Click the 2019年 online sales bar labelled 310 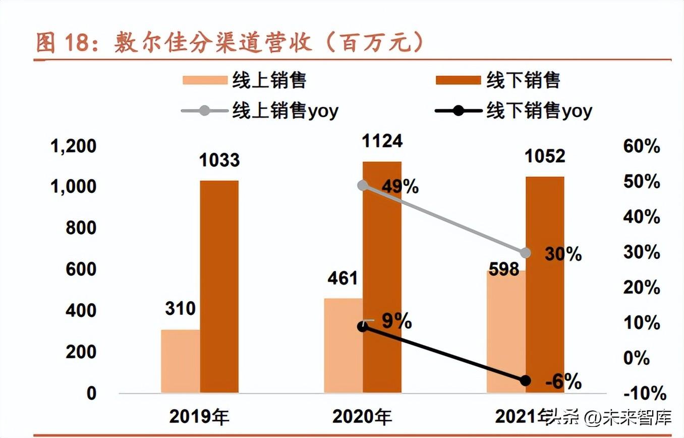coord(180,361)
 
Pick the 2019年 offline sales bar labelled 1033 coord(219,286)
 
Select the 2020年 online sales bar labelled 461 coord(343,345)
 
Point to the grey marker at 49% coord(363,186)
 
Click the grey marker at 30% coord(526,253)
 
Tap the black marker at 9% coord(362,326)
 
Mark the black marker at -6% coord(526,380)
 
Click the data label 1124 coord(382,141)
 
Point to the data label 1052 coord(545,156)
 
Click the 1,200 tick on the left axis coord(74,146)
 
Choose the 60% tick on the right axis coord(642,147)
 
